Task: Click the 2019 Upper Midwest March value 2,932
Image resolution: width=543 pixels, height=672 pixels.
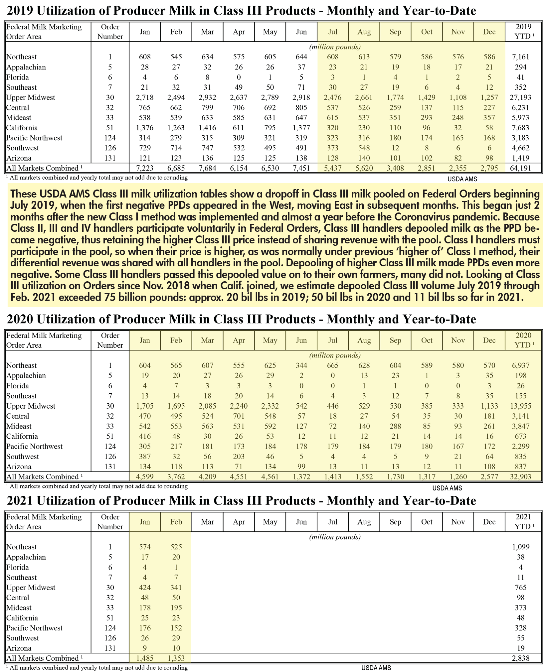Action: click(x=207, y=97)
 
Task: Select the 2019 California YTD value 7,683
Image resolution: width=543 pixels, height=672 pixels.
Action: click(x=521, y=128)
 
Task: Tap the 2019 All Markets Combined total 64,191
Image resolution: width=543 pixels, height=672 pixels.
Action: click(x=521, y=168)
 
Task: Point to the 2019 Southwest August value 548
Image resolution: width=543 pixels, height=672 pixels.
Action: click(x=364, y=148)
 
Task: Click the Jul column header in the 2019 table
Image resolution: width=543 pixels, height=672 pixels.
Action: click(x=333, y=32)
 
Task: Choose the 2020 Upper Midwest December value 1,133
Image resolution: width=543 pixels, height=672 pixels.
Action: click(x=489, y=406)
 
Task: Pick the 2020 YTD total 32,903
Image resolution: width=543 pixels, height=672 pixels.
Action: click(x=521, y=476)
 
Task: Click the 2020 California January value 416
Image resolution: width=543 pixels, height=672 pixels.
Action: click(x=145, y=436)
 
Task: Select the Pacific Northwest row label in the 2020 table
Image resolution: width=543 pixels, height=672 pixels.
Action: click(x=34, y=446)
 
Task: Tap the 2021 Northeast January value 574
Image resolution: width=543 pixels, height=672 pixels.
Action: click(x=145, y=547)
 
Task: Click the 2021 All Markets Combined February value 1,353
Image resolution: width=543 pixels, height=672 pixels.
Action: click(x=176, y=658)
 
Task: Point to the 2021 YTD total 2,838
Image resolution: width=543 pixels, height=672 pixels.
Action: click(x=521, y=658)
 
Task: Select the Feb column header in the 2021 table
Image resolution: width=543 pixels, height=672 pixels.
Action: click(x=176, y=522)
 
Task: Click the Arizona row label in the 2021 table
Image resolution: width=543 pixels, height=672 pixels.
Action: click(x=19, y=648)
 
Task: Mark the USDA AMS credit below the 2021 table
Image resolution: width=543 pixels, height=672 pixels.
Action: click(x=376, y=668)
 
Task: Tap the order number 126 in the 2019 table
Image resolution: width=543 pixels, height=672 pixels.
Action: click(x=110, y=148)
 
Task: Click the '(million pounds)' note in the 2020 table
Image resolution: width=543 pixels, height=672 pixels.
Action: click(x=335, y=355)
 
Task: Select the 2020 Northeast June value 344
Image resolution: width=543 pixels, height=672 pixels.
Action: click(x=301, y=365)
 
